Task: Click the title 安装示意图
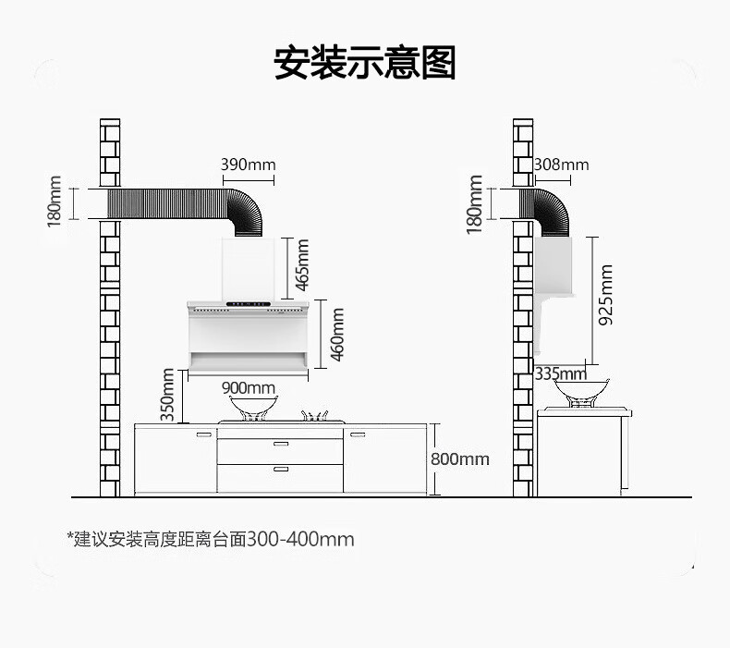[x=365, y=63]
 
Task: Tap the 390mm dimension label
[x=248, y=165]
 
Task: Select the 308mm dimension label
[x=561, y=165]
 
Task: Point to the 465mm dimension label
[x=303, y=264]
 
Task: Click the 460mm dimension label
[x=337, y=335]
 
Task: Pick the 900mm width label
[x=249, y=387]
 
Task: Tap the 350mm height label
[x=167, y=395]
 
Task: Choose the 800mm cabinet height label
[x=460, y=458]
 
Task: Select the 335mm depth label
[x=560, y=373]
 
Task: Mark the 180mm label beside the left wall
[x=54, y=202]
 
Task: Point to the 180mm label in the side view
[x=475, y=203]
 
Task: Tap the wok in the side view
[x=581, y=391]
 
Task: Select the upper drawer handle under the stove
[x=281, y=445]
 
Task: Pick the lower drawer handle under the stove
[x=281, y=471]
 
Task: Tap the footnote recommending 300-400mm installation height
[x=210, y=538]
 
